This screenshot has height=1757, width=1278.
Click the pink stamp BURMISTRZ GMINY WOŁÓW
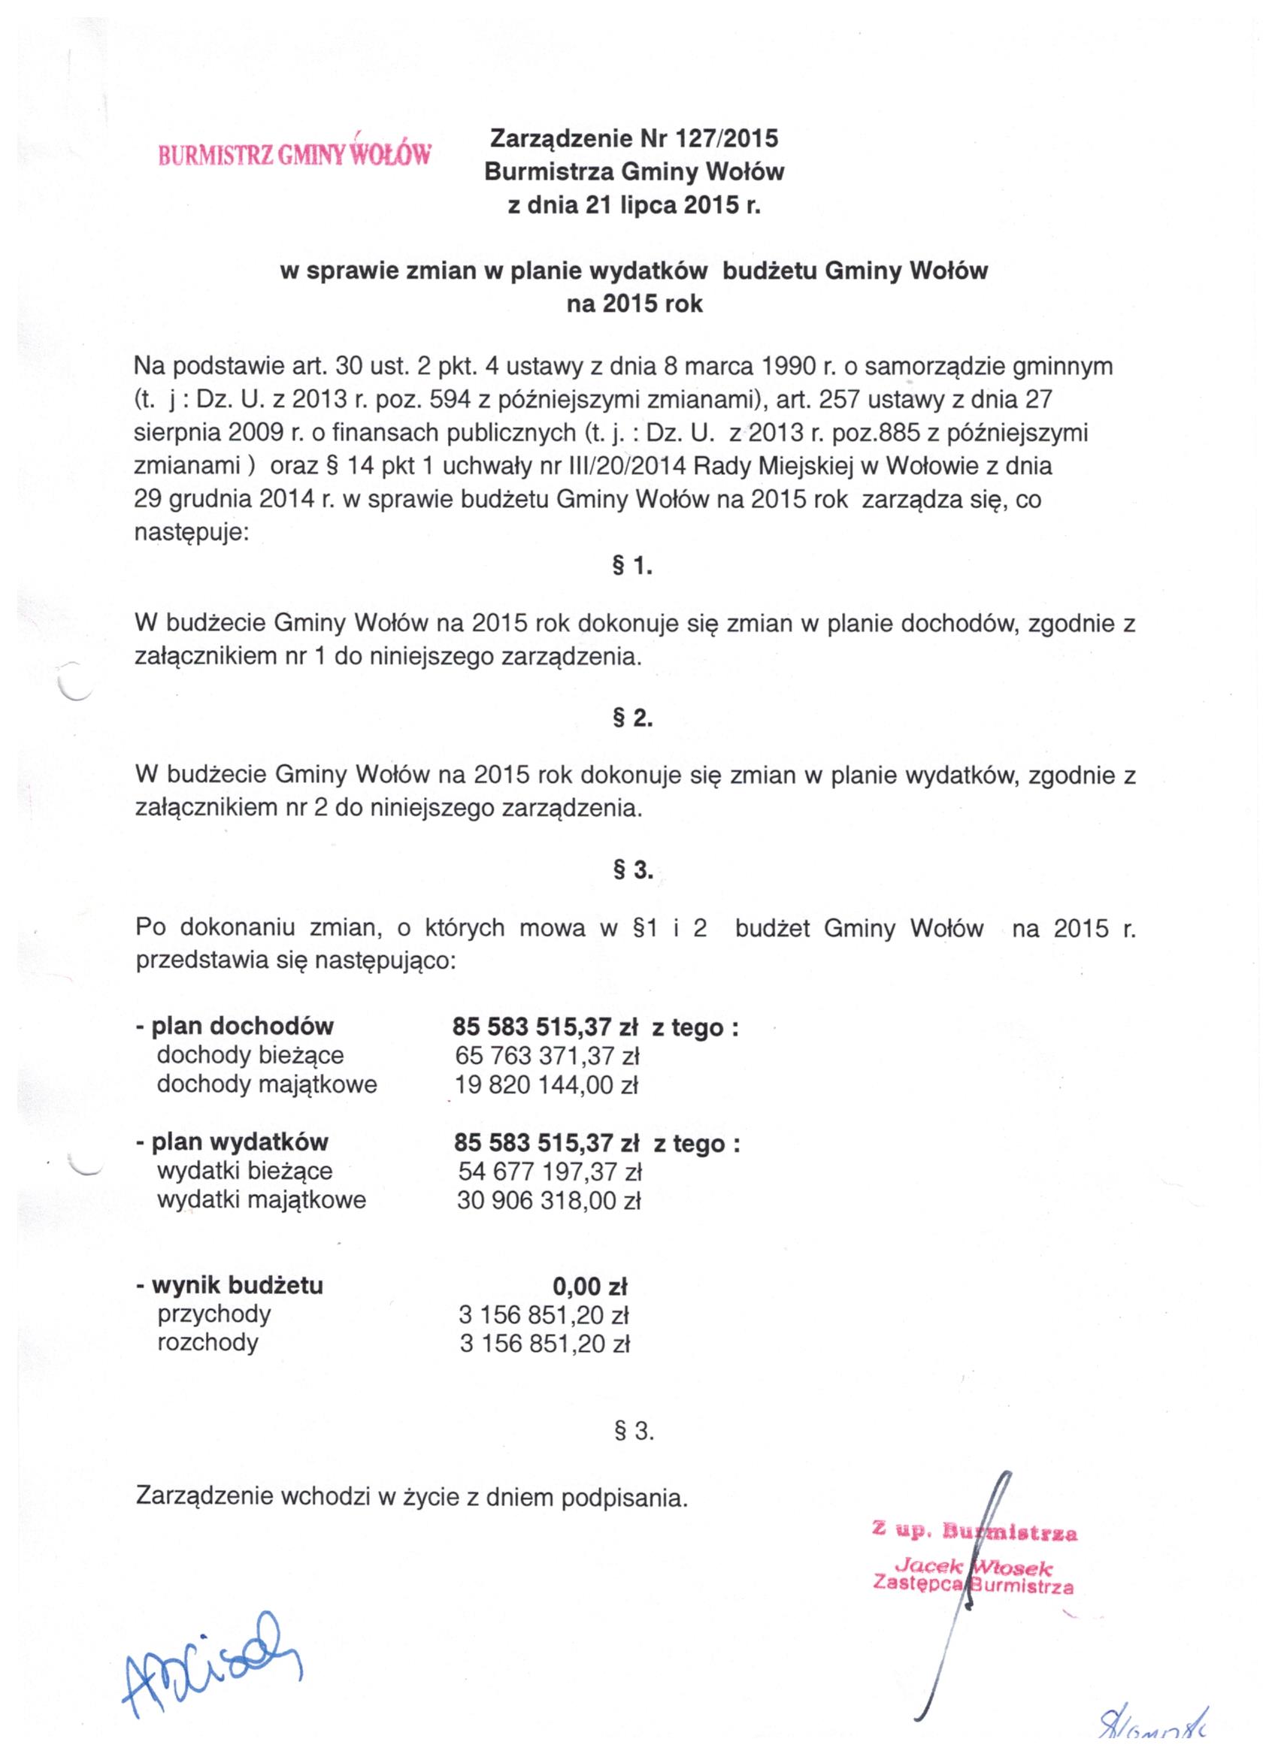click(295, 154)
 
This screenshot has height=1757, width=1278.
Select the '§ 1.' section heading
click(632, 567)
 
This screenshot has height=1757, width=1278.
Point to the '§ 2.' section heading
click(632, 719)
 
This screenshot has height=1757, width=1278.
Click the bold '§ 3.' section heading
click(632, 872)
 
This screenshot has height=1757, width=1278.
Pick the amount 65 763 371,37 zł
click(547, 1055)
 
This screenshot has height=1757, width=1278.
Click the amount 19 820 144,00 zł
click(547, 1084)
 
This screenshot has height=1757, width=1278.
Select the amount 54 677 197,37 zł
click(550, 1172)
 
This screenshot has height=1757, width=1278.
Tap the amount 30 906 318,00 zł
click(549, 1201)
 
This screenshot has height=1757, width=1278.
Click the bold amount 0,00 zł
click(590, 1287)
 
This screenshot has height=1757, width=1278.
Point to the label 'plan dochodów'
click(243, 1027)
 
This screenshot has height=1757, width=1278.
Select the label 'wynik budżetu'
click(237, 1286)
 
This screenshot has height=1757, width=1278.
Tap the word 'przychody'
click(214, 1314)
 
